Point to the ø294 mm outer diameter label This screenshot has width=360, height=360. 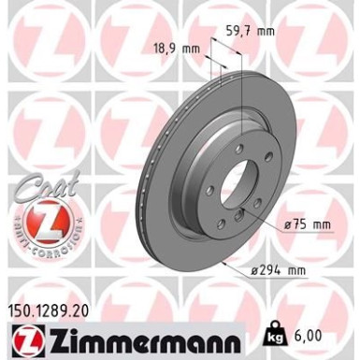pyautogui.click(x=279, y=271)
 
